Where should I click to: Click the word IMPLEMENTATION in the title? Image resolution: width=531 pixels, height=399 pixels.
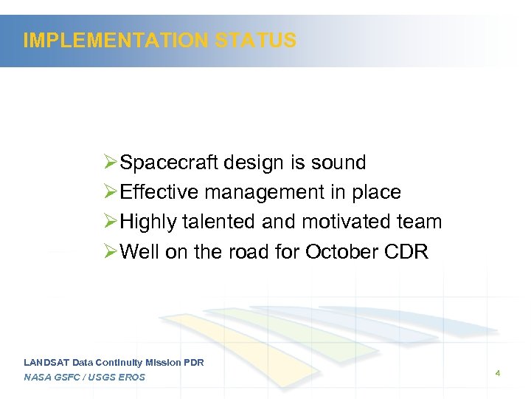[x=117, y=41]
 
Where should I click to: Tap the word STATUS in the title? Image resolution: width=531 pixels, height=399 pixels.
[x=256, y=41]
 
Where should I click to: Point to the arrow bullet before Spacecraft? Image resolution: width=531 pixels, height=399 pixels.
[x=111, y=163]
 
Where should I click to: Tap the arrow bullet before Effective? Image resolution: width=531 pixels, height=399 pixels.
[x=111, y=192]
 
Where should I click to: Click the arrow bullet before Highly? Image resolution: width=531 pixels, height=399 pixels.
[x=111, y=222]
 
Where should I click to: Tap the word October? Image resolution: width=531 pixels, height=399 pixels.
[x=342, y=252]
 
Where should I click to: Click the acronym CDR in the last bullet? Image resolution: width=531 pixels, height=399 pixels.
[x=406, y=252]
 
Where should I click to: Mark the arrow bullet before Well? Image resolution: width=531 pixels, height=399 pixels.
[x=111, y=252]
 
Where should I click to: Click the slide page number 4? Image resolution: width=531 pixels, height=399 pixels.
[x=498, y=374]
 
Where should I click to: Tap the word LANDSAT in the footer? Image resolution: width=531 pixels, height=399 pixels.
[x=46, y=363]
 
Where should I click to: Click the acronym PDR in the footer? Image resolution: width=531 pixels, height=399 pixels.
[x=193, y=363]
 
